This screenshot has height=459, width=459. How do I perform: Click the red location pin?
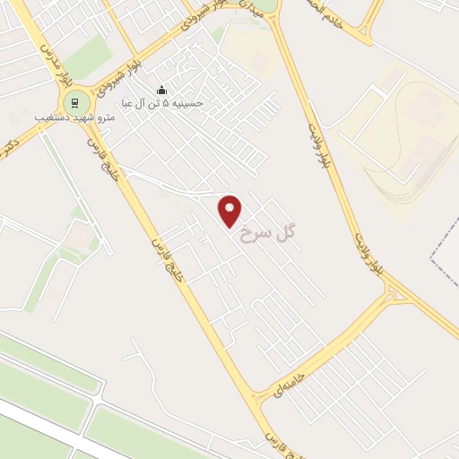click(x=231, y=210)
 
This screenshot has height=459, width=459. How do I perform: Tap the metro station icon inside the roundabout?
click(x=76, y=100)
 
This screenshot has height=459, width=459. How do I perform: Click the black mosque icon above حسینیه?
click(x=161, y=90)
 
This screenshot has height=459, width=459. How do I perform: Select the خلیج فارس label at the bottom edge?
click(x=275, y=442)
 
